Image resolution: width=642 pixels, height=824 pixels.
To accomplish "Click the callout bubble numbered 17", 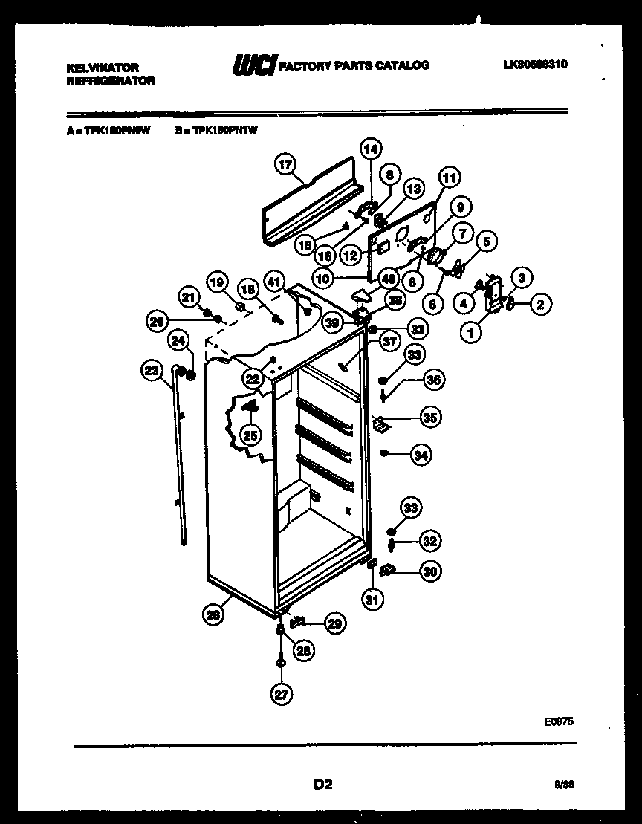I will tap(283, 166).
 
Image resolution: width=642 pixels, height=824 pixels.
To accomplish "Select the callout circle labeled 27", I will tap(281, 694).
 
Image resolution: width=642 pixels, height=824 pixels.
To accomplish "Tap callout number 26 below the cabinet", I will tap(213, 614).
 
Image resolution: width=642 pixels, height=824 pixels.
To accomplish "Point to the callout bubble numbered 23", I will tap(152, 369).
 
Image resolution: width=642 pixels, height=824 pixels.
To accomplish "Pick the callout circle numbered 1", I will tap(470, 334).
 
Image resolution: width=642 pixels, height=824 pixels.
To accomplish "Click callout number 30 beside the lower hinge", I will tap(429, 571).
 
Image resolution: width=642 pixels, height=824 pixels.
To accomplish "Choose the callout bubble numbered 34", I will tap(421, 454).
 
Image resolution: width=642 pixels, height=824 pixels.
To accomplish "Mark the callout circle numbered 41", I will tap(274, 281).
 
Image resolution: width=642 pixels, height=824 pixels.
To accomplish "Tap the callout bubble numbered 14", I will tap(370, 149).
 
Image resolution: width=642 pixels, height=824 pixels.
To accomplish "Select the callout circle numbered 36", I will tap(435, 380).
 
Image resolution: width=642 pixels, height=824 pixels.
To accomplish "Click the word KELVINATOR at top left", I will tap(103, 68).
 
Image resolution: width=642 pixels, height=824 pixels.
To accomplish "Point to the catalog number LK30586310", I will tap(535, 65).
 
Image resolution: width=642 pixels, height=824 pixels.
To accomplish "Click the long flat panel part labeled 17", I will tap(312, 208).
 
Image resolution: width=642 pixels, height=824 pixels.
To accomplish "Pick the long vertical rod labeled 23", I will tap(180, 461).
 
